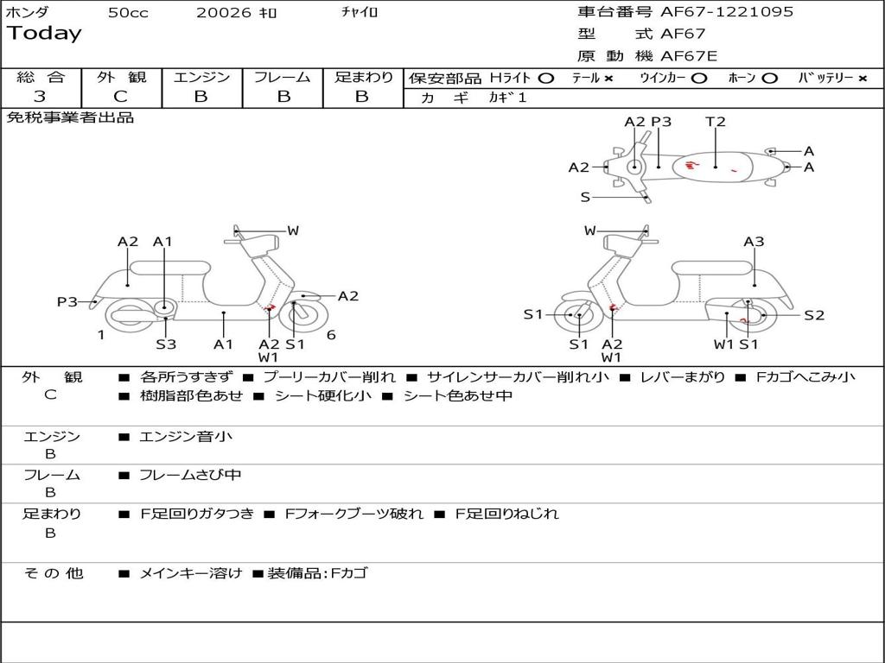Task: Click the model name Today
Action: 44,34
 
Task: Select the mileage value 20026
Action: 223,13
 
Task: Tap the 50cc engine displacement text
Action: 128,13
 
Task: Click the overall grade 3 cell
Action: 40,97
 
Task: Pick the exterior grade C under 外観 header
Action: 121,97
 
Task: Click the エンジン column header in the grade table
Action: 201,78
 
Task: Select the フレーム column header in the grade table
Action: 282,78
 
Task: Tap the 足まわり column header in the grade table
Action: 363,78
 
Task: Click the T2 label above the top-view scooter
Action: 716,122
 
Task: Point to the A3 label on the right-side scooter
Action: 754,242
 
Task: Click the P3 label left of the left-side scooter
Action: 67,301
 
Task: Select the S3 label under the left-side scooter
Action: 166,344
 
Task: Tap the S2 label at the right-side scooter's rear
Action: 814,315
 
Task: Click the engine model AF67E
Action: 690,56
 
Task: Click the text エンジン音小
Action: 186,437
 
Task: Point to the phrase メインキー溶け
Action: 191,572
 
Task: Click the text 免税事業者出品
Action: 71,117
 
